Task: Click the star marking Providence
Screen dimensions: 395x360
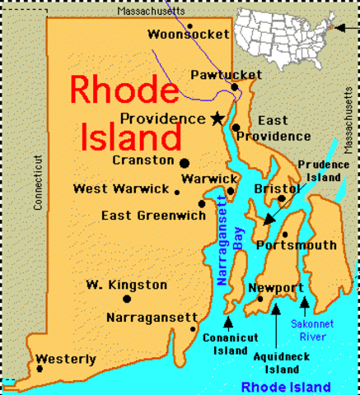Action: coord(217,118)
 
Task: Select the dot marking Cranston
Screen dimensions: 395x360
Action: coord(185,161)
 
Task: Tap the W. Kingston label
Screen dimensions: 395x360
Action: coord(126,285)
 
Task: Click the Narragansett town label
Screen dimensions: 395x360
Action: coord(152,317)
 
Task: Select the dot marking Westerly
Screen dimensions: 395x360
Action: coord(40,368)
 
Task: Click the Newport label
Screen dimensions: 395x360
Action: coord(276,288)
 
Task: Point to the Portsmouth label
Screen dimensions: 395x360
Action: coord(297,245)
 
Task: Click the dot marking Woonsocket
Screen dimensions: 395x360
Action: coord(189,26)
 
